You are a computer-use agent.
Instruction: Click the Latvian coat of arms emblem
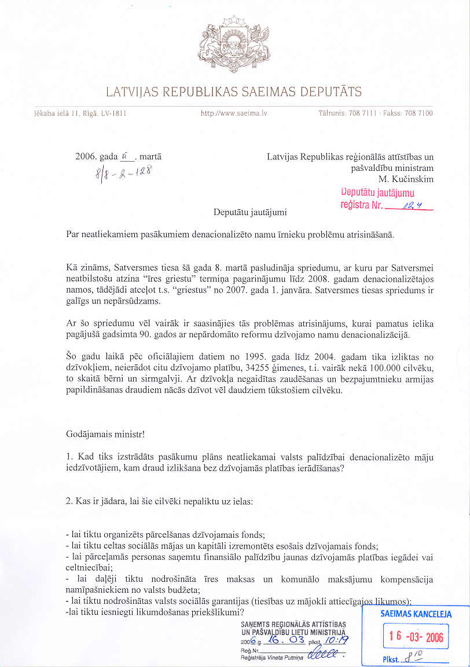234,45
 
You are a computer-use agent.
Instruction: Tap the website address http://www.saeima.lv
234,113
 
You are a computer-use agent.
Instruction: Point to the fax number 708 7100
420,113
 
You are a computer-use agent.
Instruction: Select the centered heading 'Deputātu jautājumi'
250,212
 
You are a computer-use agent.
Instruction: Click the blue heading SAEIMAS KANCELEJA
416,614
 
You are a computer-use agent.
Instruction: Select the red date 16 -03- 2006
416,637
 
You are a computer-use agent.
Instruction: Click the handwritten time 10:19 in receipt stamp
333,641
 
